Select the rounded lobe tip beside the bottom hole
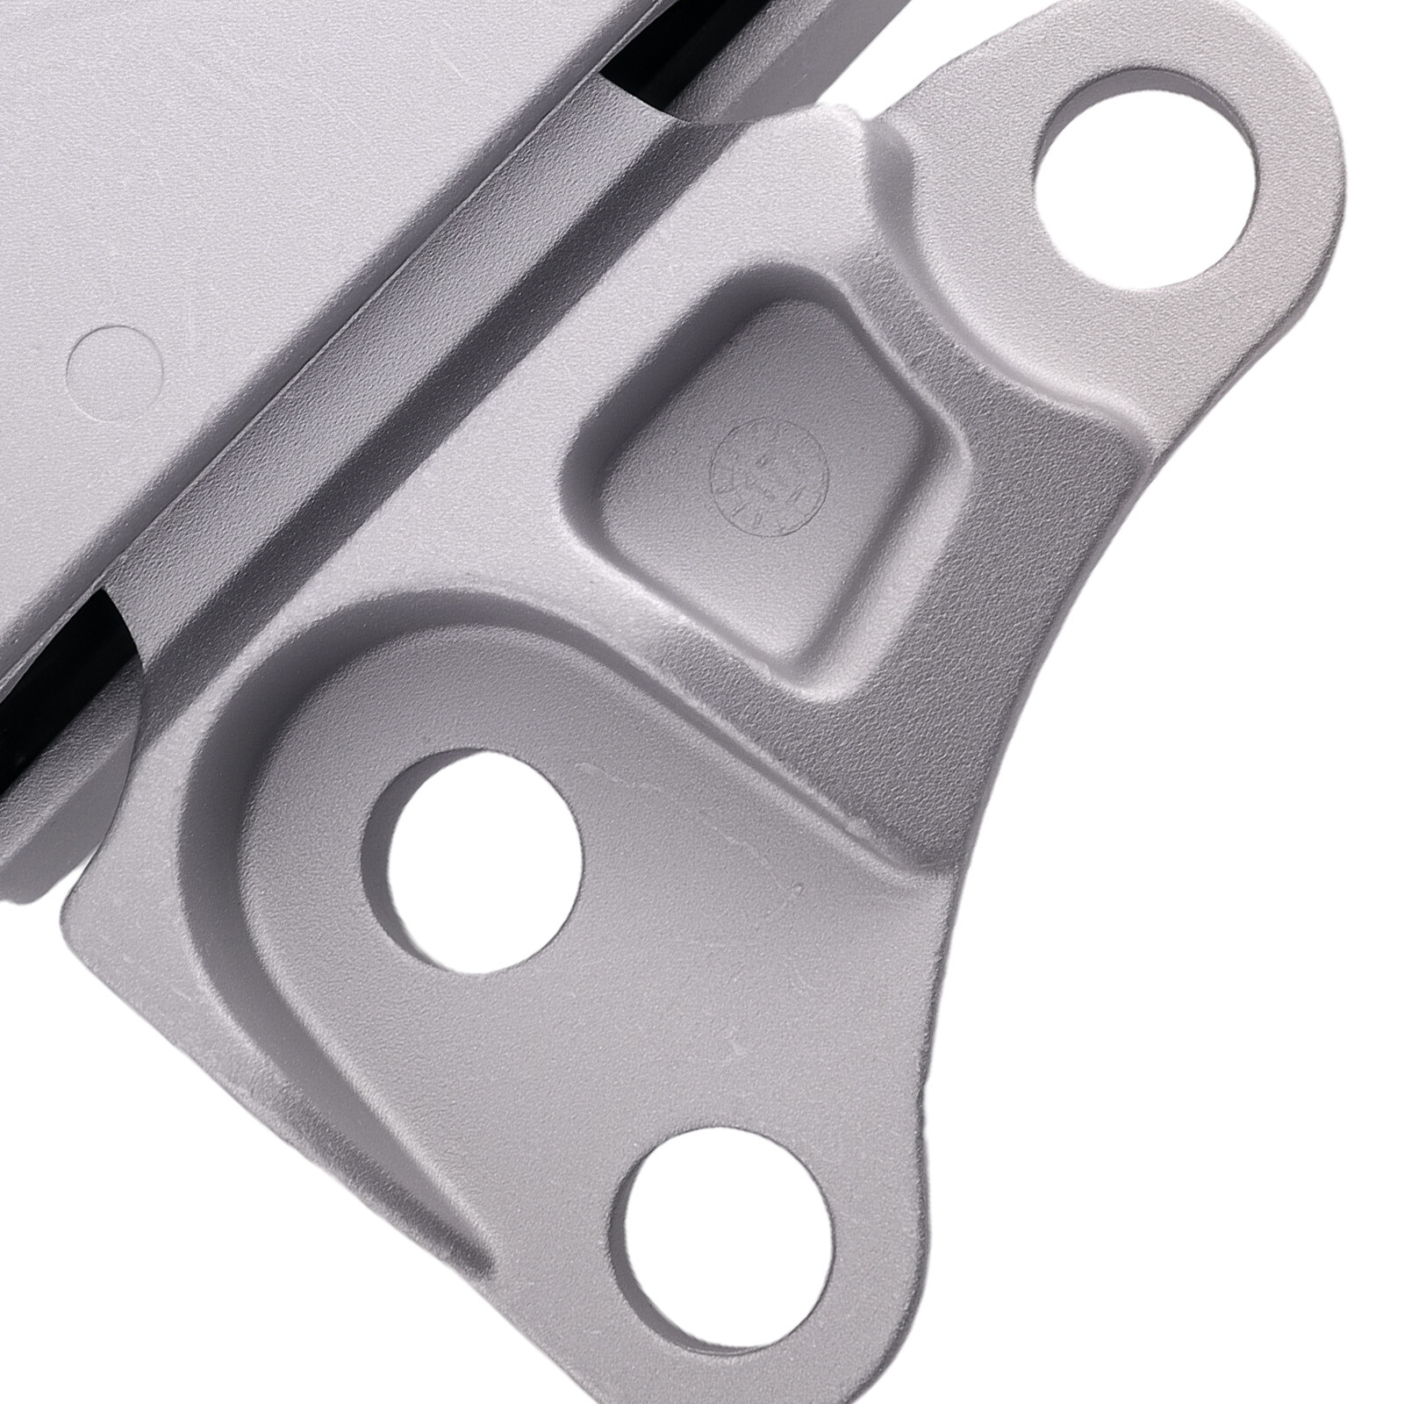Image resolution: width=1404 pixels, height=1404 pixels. pos(913,1228)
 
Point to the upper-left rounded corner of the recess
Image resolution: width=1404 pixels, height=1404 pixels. pos(605,386)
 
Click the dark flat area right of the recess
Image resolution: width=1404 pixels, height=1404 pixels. pos(1035,544)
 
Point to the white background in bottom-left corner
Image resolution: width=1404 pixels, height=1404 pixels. pos(132,1272)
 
